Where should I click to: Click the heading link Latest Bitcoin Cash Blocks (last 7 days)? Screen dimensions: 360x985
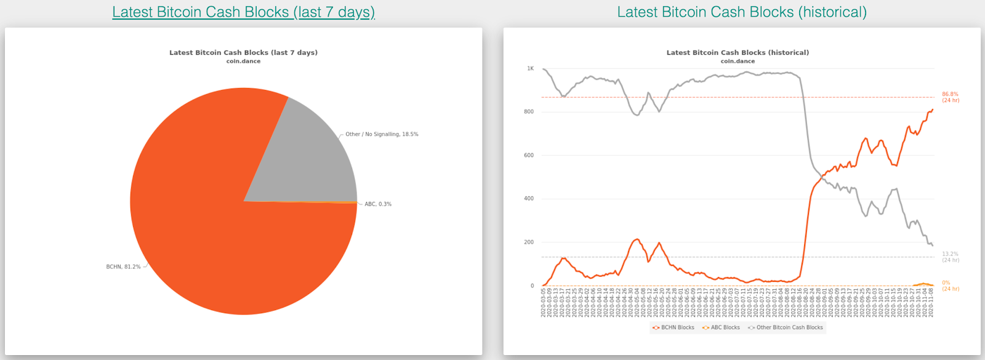(x=243, y=12)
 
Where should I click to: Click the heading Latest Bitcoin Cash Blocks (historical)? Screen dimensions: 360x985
(x=742, y=12)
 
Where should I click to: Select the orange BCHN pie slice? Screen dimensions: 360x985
(x=203, y=246)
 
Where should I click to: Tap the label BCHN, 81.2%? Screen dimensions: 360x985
(x=123, y=267)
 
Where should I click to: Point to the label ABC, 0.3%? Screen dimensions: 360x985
(x=378, y=204)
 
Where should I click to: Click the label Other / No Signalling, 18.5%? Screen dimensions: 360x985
(x=382, y=134)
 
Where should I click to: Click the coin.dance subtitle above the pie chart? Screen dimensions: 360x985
(x=243, y=62)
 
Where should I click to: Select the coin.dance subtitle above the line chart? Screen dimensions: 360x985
(x=738, y=62)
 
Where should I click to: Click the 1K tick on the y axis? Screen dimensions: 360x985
(x=530, y=69)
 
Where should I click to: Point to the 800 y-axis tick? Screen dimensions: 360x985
(x=529, y=112)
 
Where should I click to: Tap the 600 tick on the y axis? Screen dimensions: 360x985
(x=529, y=156)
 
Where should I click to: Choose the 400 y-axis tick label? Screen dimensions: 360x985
(x=529, y=199)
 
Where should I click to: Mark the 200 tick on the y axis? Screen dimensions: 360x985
(x=529, y=242)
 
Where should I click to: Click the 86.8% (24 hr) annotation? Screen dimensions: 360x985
(x=950, y=97)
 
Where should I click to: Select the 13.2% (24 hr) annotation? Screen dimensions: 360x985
(x=950, y=257)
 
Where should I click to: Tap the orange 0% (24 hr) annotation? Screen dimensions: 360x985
(x=950, y=286)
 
